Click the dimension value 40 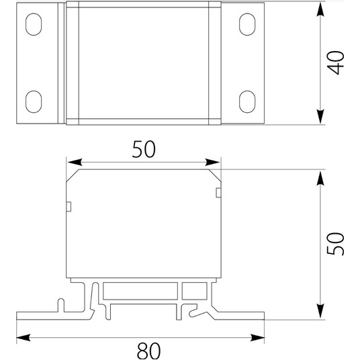[335, 62]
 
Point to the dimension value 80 [149, 351]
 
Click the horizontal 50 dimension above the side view [144, 149]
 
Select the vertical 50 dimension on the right [335, 244]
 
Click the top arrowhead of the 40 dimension [320, 9]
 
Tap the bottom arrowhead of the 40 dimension [320, 117]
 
